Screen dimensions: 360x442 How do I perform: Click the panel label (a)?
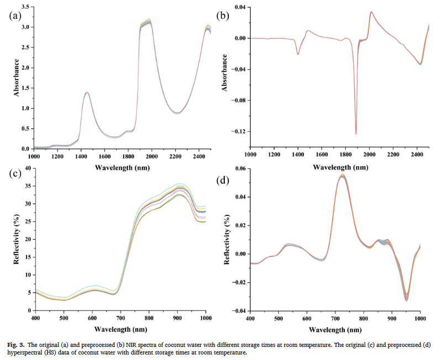(x=15, y=15)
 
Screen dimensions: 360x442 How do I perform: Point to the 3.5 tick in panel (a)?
(x=25, y=7)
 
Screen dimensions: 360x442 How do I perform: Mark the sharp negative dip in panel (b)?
(x=356, y=133)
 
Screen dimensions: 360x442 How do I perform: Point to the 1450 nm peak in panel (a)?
(x=87, y=93)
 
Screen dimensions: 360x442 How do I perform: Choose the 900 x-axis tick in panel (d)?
(x=392, y=319)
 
